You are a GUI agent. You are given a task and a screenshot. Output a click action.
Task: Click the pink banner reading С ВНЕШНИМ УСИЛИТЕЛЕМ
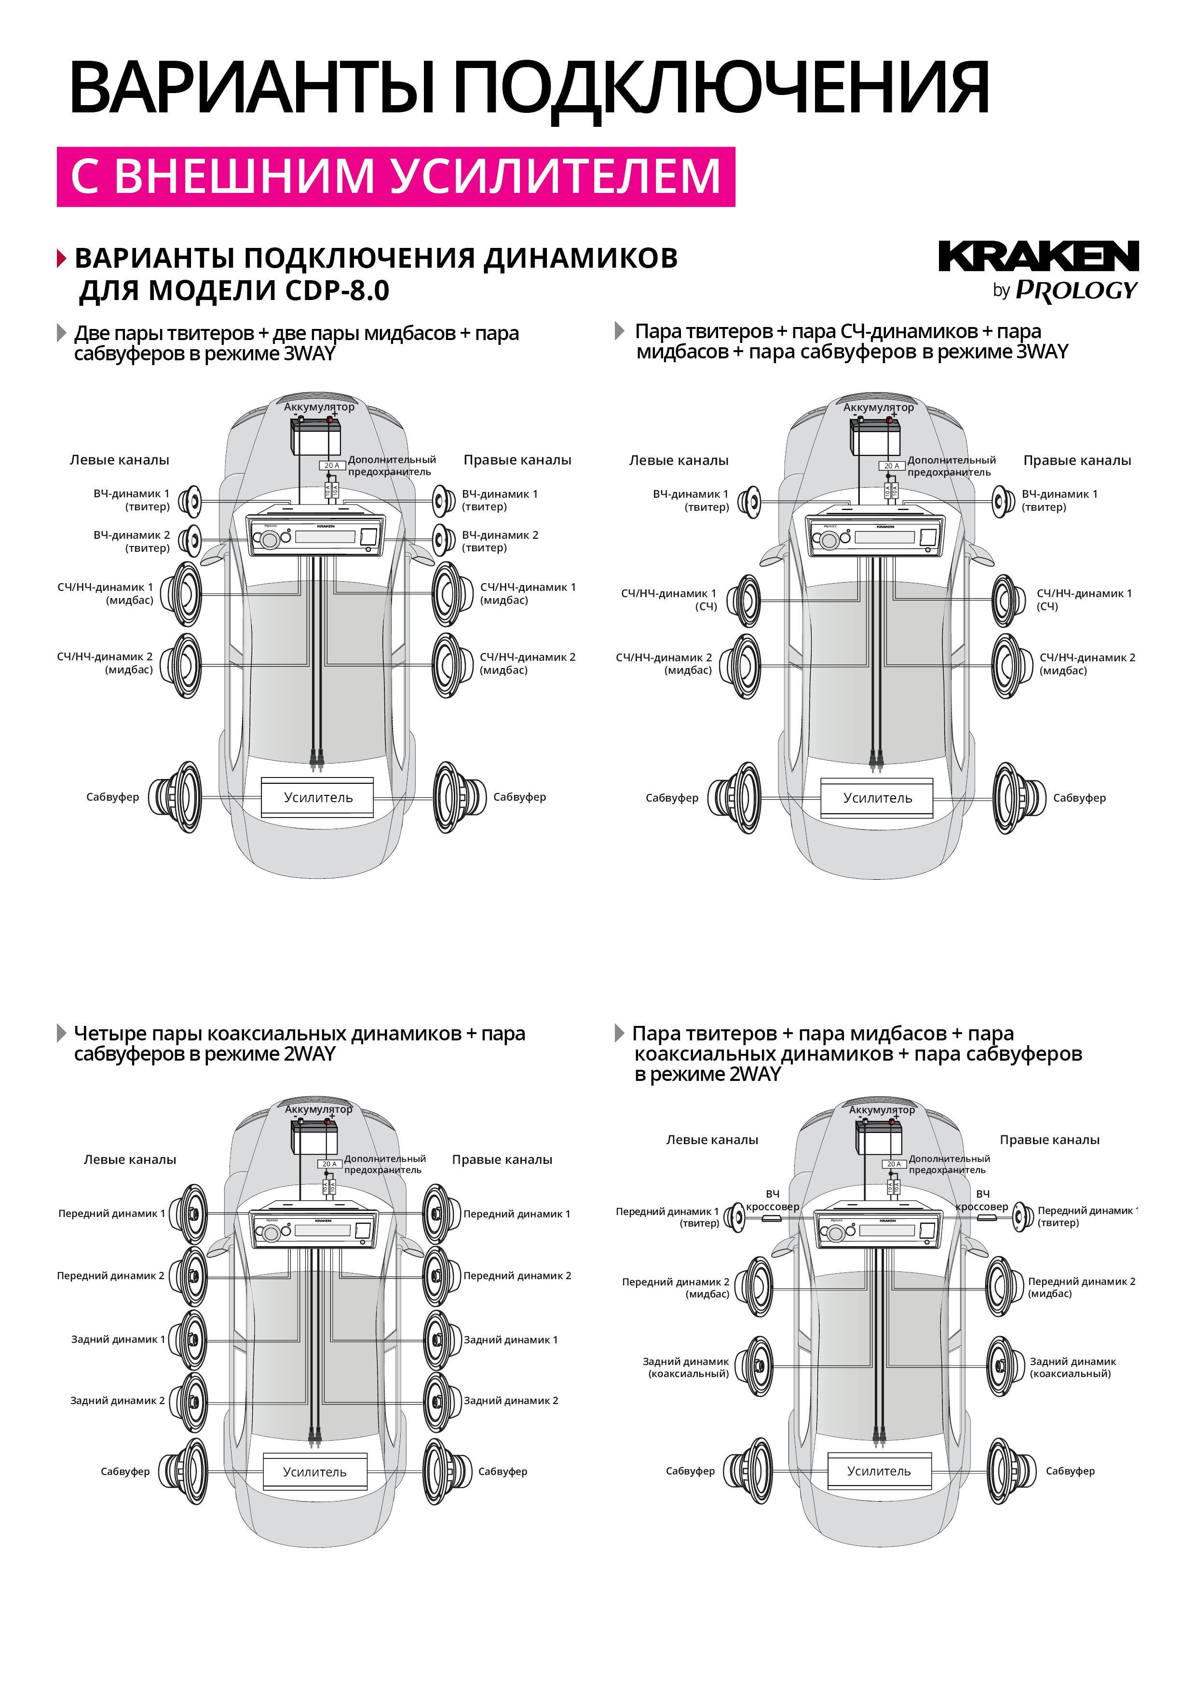click(x=396, y=177)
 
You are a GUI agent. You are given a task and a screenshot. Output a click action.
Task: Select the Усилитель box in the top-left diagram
click(x=318, y=797)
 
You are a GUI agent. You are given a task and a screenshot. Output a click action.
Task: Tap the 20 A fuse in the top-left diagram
click(x=332, y=466)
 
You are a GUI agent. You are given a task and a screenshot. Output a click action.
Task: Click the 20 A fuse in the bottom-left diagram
click(x=329, y=1164)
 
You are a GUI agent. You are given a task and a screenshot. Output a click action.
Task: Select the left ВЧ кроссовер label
click(x=772, y=1201)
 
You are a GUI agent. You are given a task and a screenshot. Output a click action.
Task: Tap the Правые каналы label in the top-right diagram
click(x=1076, y=461)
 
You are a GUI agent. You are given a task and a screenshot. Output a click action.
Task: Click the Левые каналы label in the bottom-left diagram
click(x=130, y=1159)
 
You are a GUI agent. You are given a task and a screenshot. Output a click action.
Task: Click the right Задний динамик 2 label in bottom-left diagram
click(x=511, y=1400)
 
